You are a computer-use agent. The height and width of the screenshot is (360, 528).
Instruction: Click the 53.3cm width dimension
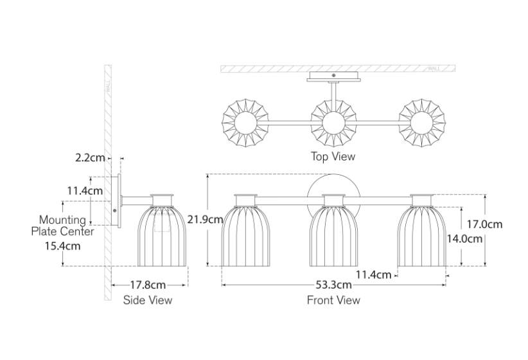(334, 285)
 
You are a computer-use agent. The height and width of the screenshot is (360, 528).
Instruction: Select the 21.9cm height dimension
(205, 220)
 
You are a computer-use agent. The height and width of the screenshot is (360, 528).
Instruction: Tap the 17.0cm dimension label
(484, 224)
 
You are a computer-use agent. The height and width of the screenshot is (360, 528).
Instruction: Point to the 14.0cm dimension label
(464, 239)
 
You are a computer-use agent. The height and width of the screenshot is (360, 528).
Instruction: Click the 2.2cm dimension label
(90, 157)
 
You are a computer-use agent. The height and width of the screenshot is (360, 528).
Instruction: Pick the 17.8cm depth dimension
(148, 285)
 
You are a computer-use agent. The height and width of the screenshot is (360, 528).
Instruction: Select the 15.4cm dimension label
(63, 246)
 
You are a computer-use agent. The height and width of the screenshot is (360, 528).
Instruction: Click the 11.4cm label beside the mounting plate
(85, 191)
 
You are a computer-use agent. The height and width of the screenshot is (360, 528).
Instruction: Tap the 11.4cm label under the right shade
(374, 275)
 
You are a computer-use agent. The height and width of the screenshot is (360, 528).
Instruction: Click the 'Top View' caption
(333, 156)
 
